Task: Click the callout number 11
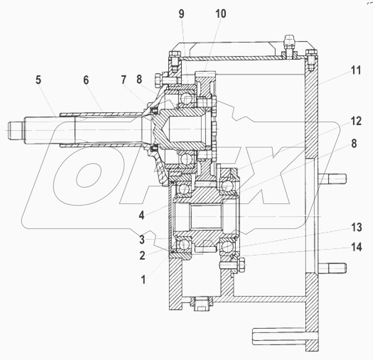[x=355, y=71]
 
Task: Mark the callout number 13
[x=356, y=228]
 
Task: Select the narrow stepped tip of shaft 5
[x=14, y=130]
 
